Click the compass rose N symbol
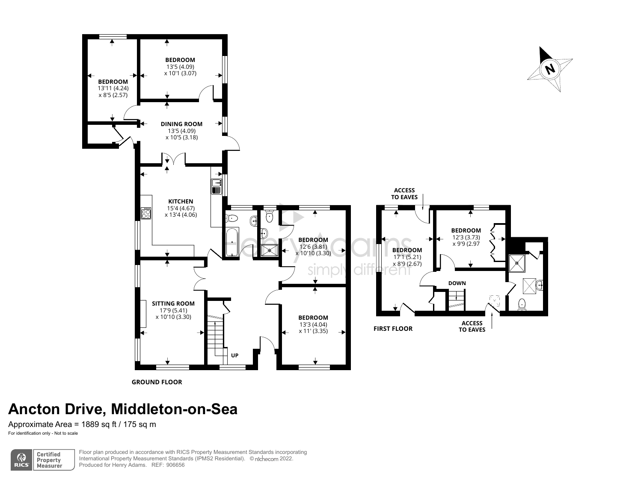(x=550, y=69)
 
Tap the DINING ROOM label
(x=181, y=124)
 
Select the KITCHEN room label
(x=181, y=201)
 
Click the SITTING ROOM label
(x=173, y=303)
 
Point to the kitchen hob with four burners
(x=146, y=213)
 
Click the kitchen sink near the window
(x=217, y=186)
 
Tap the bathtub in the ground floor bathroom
(x=231, y=242)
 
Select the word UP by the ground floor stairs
(x=234, y=355)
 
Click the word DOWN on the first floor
(x=457, y=283)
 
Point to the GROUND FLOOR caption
(x=157, y=382)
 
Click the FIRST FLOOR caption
(x=393, y=328)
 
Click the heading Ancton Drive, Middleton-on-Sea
(x=123, y=409)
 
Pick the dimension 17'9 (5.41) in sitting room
(x=173, y=310)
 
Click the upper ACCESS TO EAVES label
(x=404, y=194)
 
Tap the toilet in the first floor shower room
(x=522, y=304)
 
